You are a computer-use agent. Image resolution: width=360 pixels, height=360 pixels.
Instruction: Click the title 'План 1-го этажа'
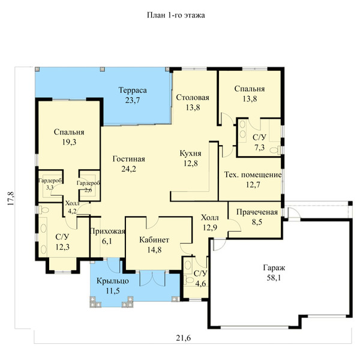[x=176, y=15]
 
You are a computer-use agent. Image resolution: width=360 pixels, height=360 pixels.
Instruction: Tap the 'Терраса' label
[x=133, y=90]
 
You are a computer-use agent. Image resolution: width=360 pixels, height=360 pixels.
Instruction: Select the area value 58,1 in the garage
[x=274, y=278]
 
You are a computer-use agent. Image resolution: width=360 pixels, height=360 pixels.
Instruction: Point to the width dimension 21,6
[x=184, y=338]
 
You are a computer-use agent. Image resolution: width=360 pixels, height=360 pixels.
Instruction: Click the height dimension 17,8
[x=11, y=199]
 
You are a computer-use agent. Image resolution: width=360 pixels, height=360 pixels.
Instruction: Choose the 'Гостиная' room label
[x=129, y=159]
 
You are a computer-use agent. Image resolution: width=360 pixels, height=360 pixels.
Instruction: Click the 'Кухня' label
[x=190, y=154]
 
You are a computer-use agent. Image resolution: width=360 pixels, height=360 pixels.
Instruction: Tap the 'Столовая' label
[x=193, y=97]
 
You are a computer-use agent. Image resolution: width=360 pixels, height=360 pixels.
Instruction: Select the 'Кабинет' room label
[x=154, y=239]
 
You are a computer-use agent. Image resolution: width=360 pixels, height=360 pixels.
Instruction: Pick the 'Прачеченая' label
[x=257, y=212]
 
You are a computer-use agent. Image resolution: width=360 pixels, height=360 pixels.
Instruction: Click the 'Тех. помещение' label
[x=253, y=175]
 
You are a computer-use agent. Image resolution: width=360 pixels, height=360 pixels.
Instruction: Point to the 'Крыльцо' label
[x=113, y=281]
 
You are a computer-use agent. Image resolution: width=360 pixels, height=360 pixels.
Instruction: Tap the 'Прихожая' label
[x=107, y=231]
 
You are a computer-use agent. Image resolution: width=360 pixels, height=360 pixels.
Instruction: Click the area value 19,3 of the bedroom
[x=69, y=142]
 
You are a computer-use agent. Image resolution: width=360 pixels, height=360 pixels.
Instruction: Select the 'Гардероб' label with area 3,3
[x=50, y=181]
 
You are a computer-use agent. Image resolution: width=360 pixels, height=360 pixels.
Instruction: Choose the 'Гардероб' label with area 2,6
[x=88, y=183]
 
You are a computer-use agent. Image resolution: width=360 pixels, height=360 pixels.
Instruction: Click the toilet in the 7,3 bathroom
[x=275, y=150]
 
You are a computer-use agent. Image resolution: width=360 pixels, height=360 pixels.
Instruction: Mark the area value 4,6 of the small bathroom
[x=200, y=284]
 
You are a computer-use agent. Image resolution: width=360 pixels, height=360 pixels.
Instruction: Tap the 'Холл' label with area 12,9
[x=210, y=217]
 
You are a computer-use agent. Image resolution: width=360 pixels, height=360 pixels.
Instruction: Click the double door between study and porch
[x=152, y=278]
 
